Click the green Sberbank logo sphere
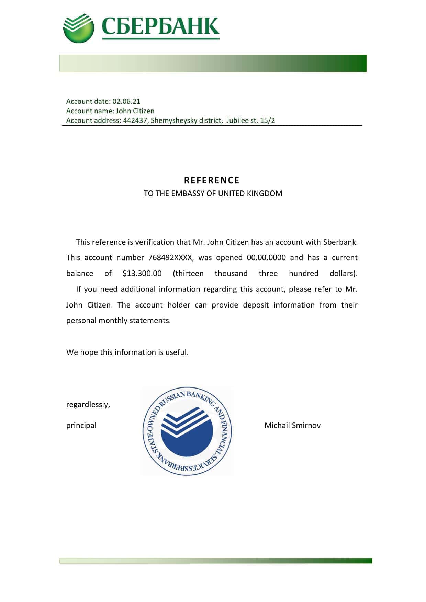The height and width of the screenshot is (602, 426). click(78, 28)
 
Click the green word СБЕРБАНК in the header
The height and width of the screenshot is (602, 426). click(160, 26)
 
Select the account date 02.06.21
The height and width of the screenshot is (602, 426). click(126, 101)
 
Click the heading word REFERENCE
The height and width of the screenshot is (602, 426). click(212, 180)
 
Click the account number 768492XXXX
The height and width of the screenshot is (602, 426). click(171, 258)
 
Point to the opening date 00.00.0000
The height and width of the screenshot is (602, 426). click(266, 258)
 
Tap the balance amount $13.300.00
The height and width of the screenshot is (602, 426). click(142, 274)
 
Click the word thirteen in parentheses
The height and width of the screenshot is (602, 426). click(189, 274)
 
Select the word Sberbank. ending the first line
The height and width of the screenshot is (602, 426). click(340, 242)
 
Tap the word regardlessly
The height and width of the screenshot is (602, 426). click(88, 405)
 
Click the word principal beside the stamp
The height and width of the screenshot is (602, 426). click(81, 426)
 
